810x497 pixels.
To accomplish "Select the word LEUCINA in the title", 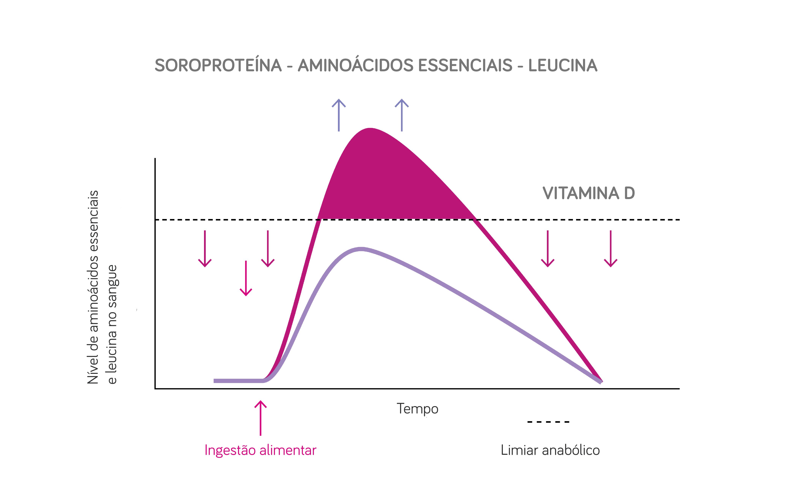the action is tap(563, 65).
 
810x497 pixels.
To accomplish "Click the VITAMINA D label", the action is tap(589, 193).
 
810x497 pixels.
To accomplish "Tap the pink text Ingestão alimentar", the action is tap(260, 450).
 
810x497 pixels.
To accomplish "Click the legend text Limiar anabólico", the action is tap(550, 450).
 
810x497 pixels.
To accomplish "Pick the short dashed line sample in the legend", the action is tap(548, 422).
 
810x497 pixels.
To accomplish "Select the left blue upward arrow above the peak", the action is tap(339, 115).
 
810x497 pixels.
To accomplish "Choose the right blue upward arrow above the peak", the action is tap(402, 115).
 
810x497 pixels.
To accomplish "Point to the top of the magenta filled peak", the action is tap(370, 129).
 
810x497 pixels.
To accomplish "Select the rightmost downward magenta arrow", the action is tap(611, 249).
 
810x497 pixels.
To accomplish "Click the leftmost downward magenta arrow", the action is tap(205, 249).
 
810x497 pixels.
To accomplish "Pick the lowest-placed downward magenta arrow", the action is tap(246, 278).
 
